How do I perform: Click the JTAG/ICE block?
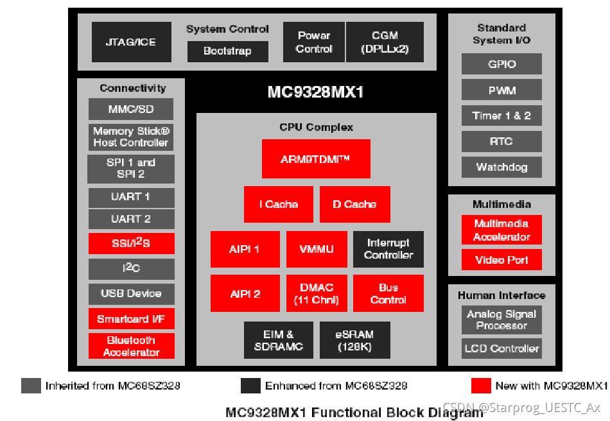pos(132,42)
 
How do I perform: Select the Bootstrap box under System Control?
pos(227,51)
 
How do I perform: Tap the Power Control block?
pos(313,42)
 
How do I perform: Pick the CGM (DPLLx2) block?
pos(385,42)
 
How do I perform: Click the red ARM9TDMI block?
pos(316,159)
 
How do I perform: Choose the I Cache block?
pos(279,204)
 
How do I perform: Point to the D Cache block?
pos(354,204)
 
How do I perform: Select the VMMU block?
pos(316,249)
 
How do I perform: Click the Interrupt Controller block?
pos(388,249)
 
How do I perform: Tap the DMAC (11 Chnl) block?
pos(316,293)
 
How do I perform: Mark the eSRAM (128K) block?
pos(354,340)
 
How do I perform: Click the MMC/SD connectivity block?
pos(131,109)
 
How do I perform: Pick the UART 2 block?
pos(131,219)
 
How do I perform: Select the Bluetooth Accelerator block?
pos(131,347)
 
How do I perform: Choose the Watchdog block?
pos(501,168)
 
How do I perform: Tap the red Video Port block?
pos(501,260)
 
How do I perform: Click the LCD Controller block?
pos(501,348)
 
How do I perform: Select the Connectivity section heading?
pos(132,89)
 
